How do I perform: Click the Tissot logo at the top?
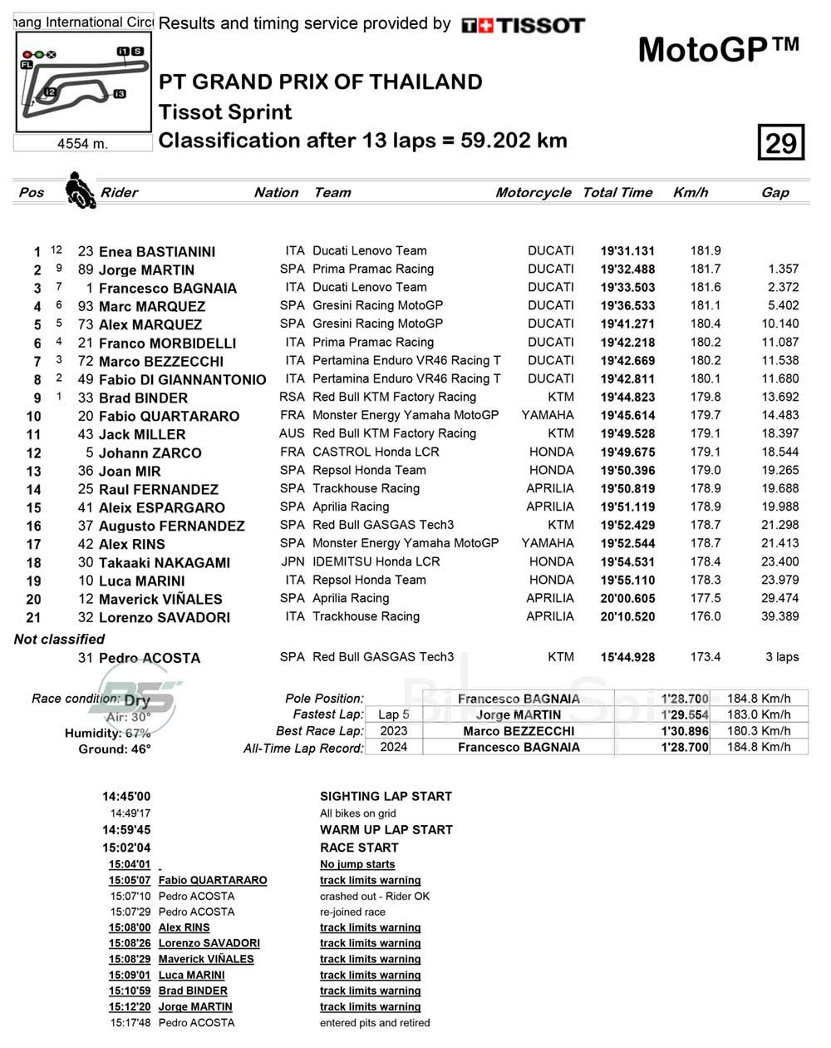point(523,26)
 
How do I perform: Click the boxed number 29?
point(780,143)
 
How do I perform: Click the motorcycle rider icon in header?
point(80,190)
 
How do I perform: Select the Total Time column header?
point(617,192)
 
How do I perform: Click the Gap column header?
point(774,192)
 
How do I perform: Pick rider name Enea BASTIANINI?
point(156,251)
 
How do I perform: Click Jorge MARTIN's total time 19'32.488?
point(627,269)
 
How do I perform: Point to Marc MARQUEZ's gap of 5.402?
point(784,306)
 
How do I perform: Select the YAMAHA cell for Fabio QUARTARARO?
point(548,415)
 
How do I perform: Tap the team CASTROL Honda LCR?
point(376,452)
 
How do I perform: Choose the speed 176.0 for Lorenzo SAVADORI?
point(706,616)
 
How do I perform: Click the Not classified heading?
point(59,639)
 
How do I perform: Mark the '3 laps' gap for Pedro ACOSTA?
point(782,656)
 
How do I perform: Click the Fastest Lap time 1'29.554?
point(685,714)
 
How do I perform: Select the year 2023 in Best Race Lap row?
point(394,730)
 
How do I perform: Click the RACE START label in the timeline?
point(359,848)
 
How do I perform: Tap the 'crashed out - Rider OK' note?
point(375,896)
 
